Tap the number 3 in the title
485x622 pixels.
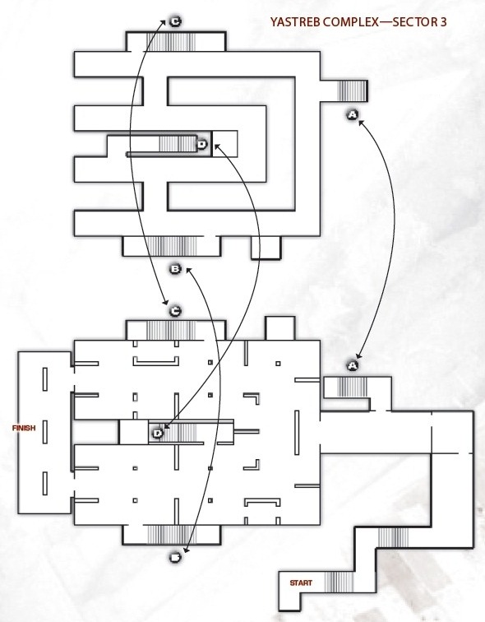tap(443, 22)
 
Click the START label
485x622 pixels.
tap(301, 583)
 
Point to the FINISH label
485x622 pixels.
tap(24, 428)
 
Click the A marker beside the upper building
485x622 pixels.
tap(353, 115)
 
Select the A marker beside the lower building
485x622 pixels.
tap(353, 365)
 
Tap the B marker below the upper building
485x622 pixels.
tap(175, 269)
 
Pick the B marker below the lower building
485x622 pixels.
tap(175, 557)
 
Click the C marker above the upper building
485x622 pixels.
tap(175, 22)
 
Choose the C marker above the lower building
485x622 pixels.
tap(175, 311)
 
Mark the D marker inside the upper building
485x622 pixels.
tap(201, 145)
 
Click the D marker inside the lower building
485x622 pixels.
tap(158, 433)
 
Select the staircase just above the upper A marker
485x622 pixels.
tap(351, 91)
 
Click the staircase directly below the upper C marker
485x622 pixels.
tap(171, 42)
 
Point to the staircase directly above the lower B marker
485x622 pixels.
tap(172, 534)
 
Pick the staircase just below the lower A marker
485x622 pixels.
tap(352, 388)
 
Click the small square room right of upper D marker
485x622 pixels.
tap(225, 144)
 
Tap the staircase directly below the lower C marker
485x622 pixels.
tap(171, 331)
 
